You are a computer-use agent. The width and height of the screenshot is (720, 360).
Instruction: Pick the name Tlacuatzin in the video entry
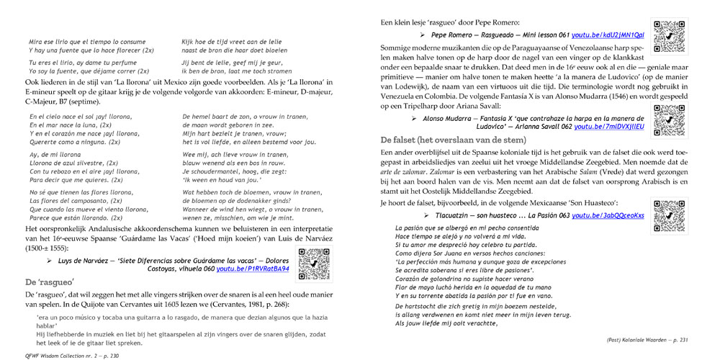[448, 216]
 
